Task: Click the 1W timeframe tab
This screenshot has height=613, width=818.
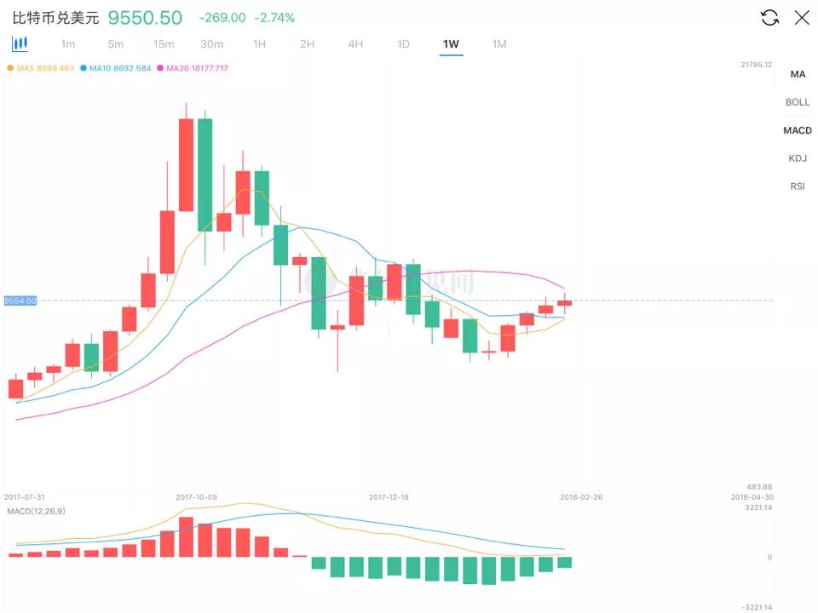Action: [451, 44]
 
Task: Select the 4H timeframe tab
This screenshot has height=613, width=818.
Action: [355, 44]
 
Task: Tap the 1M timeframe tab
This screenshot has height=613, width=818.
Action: [499, 44]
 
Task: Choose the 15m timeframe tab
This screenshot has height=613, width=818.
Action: [164, 44]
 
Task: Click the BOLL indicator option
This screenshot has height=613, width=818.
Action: [798, 102]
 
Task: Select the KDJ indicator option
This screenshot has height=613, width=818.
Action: [798, 158]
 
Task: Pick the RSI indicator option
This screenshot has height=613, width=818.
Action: [798, 186]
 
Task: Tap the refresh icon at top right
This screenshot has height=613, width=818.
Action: [769, 18]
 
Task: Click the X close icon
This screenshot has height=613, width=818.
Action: [802, 18]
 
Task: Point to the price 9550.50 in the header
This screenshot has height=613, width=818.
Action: [145, 18]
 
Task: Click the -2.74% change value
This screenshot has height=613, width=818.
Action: [275, 18]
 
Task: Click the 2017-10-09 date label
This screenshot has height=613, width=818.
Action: [197, 496]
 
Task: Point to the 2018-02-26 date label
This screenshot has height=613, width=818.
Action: [581, 496]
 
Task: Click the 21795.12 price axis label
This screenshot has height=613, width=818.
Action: [756, 65]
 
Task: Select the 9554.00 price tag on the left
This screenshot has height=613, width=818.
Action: [20, 301]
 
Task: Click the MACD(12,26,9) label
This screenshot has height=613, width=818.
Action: [35, 510]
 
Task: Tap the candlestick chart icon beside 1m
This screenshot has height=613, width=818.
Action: [20, 43]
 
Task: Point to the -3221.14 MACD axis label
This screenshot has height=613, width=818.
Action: [757, 607]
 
